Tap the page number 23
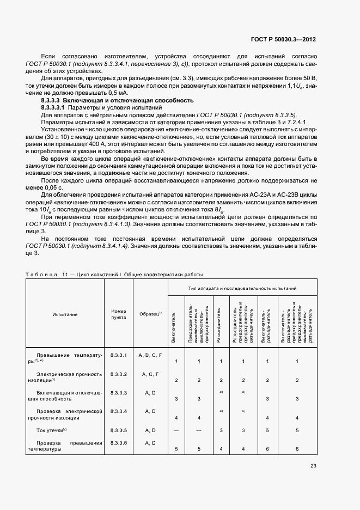[313, 465]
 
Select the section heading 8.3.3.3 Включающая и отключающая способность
[118, 101]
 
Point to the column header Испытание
[65, 314]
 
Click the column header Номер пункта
[118, 314]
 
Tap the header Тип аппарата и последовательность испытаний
[242, 287]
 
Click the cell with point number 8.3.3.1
[118, 355]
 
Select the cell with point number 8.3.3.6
[118, 443]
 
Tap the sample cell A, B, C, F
[150, 355]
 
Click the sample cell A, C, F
[150, 374]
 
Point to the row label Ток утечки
[51, 430]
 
